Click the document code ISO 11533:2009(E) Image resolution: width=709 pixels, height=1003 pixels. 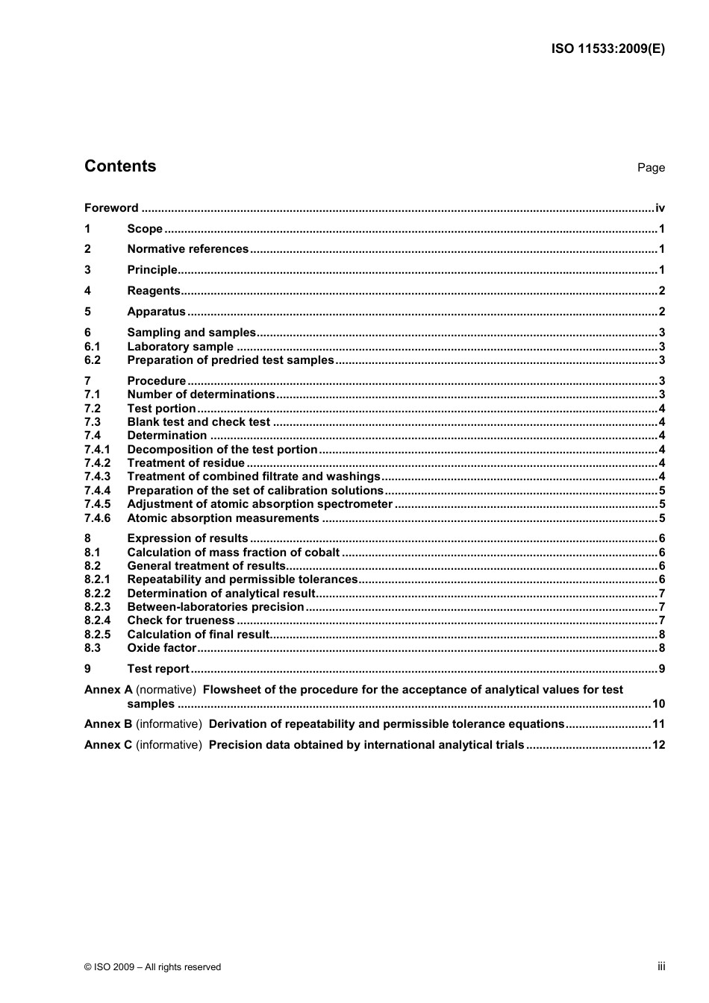point(608,49)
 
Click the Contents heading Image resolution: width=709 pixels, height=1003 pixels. point(120,166)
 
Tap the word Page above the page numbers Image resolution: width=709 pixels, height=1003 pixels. point(651,168)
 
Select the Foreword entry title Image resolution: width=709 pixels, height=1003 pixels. point(111,208)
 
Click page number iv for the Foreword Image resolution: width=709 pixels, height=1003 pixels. point(660,208)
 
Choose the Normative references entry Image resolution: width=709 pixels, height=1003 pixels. point(187,249)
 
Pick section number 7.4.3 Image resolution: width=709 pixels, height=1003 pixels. point(97,477)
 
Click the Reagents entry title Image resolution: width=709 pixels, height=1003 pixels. point(154,291)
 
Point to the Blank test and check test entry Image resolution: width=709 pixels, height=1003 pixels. point(199,422)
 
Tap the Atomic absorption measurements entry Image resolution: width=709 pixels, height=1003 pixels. point(223,518)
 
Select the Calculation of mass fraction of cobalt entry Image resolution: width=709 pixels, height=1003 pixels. point(233,553)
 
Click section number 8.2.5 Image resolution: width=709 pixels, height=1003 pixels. point(97,635)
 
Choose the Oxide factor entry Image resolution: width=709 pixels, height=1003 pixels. point(161,648)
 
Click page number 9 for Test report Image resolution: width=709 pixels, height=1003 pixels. point(661,669)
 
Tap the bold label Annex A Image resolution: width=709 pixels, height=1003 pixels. point(108,690)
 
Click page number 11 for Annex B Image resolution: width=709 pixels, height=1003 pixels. point(658,724)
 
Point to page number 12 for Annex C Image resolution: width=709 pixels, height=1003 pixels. point(658,745)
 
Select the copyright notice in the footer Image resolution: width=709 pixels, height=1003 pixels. point(153,967)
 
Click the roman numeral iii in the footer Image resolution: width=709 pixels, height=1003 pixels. point(661,966)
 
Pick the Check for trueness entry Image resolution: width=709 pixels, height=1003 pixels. point(181,620)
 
